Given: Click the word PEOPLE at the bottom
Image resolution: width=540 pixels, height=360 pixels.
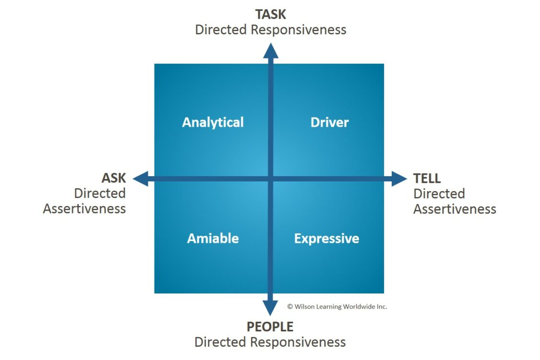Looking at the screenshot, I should click(x=270, y=327).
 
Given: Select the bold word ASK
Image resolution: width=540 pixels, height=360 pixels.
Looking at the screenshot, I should click(x=113, y=178).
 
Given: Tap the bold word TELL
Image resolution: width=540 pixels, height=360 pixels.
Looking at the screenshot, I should click(x=427, y=179).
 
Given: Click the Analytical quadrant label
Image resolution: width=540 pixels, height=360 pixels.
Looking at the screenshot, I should click(x=213, y=122).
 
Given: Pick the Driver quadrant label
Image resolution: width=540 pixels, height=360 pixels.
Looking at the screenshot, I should click(x=329, y=122).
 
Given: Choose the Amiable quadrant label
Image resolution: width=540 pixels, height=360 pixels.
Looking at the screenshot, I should click(x=213, y=238).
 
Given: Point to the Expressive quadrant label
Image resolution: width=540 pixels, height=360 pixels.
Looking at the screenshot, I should click(x=326, y=238).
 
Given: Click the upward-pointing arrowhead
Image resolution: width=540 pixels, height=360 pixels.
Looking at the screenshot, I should click(x=270, y=50).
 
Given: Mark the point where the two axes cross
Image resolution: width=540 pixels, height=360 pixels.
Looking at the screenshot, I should click(x=270, y=179).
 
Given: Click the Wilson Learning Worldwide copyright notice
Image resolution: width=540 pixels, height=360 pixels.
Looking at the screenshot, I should click(x=337, y=306).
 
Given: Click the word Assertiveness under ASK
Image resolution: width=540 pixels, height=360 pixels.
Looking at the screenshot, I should click(x=84, y=209).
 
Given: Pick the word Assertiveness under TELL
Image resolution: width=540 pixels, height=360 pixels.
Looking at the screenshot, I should click(x=455, y=209).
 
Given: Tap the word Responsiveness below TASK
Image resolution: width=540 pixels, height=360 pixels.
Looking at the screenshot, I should click(x=299, y=29).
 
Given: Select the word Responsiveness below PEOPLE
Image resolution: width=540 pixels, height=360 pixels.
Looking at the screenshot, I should click(x=298, y=342).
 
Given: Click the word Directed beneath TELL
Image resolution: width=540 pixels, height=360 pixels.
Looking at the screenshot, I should click(x=439, y=194).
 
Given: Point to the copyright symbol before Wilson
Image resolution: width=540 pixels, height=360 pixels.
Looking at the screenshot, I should click(x=290, y=306).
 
